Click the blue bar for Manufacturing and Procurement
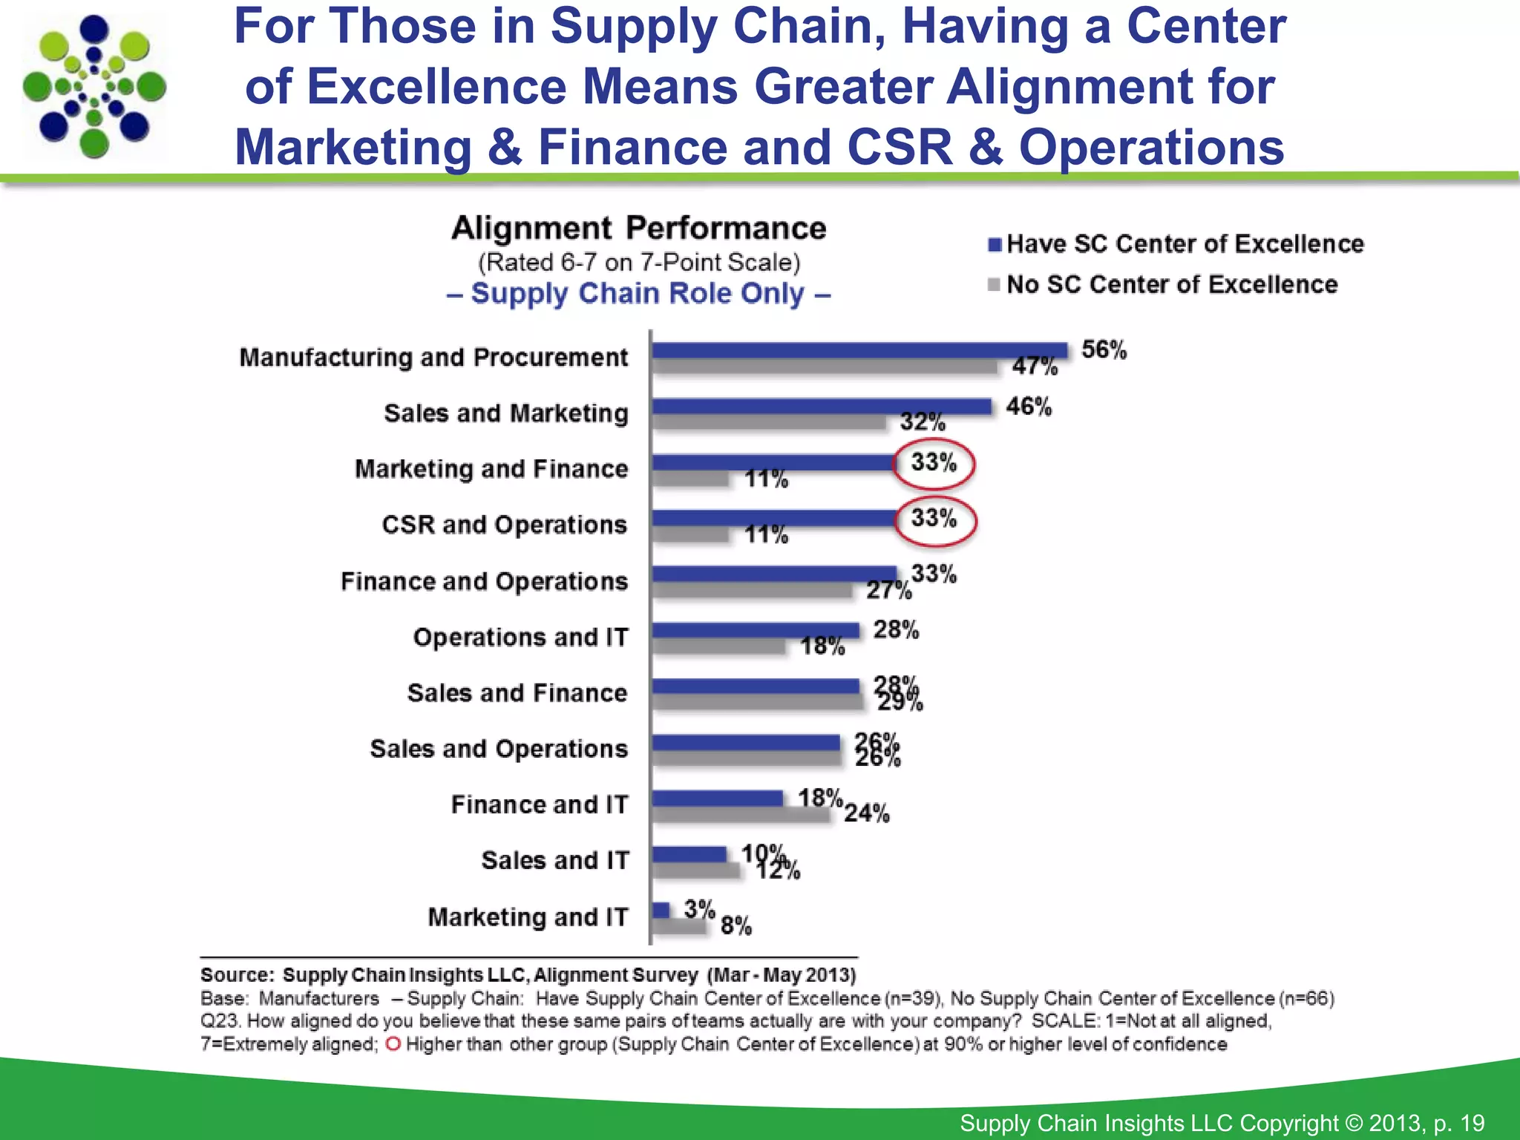[x=859, y=350]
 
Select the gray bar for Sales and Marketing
[x=769, y=422]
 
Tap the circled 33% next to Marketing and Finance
[x=934, y=463]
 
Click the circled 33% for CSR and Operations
[x=934, y=519]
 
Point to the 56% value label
[x=1104, y=350]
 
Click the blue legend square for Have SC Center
[x=995, y=245]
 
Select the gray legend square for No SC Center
[x=995, y=285]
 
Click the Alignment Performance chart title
[x=638, y=228]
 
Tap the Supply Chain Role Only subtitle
[x=638, y=294]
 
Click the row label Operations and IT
[x=520, y=637]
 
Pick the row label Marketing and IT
[x=528, y=917]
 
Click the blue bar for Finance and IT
[x=718, y=799]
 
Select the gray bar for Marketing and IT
[x=679, y=926]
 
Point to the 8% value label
[x=736, y=926]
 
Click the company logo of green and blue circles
[x=94, y=88]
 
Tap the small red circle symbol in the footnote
[x=393, y=1044]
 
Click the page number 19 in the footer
[x=1472, y=1123]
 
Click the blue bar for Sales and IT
[x=689, y=854]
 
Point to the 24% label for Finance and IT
[x=866, y=813]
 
